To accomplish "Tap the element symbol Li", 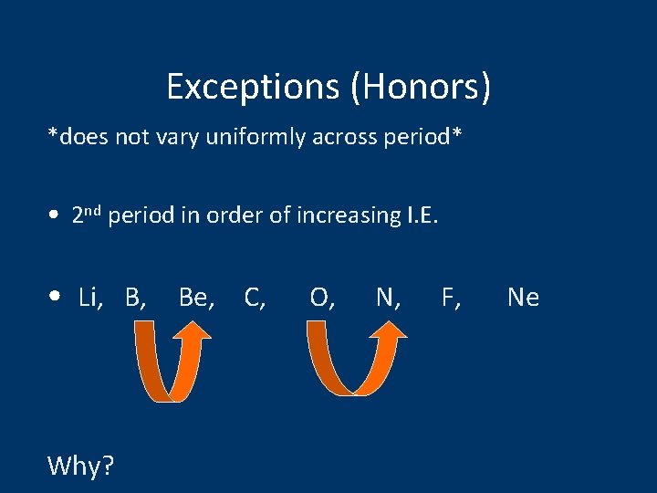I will (90, 297).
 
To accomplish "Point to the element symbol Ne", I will (523, 297).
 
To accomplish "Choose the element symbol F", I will (450, 297).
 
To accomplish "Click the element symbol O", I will (320, 297).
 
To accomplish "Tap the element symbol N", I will (387, 297).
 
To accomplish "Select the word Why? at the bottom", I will (80, 466).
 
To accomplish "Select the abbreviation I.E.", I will (422, 215).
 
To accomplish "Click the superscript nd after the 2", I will (94, 211).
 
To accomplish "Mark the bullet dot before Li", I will (57, 298).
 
